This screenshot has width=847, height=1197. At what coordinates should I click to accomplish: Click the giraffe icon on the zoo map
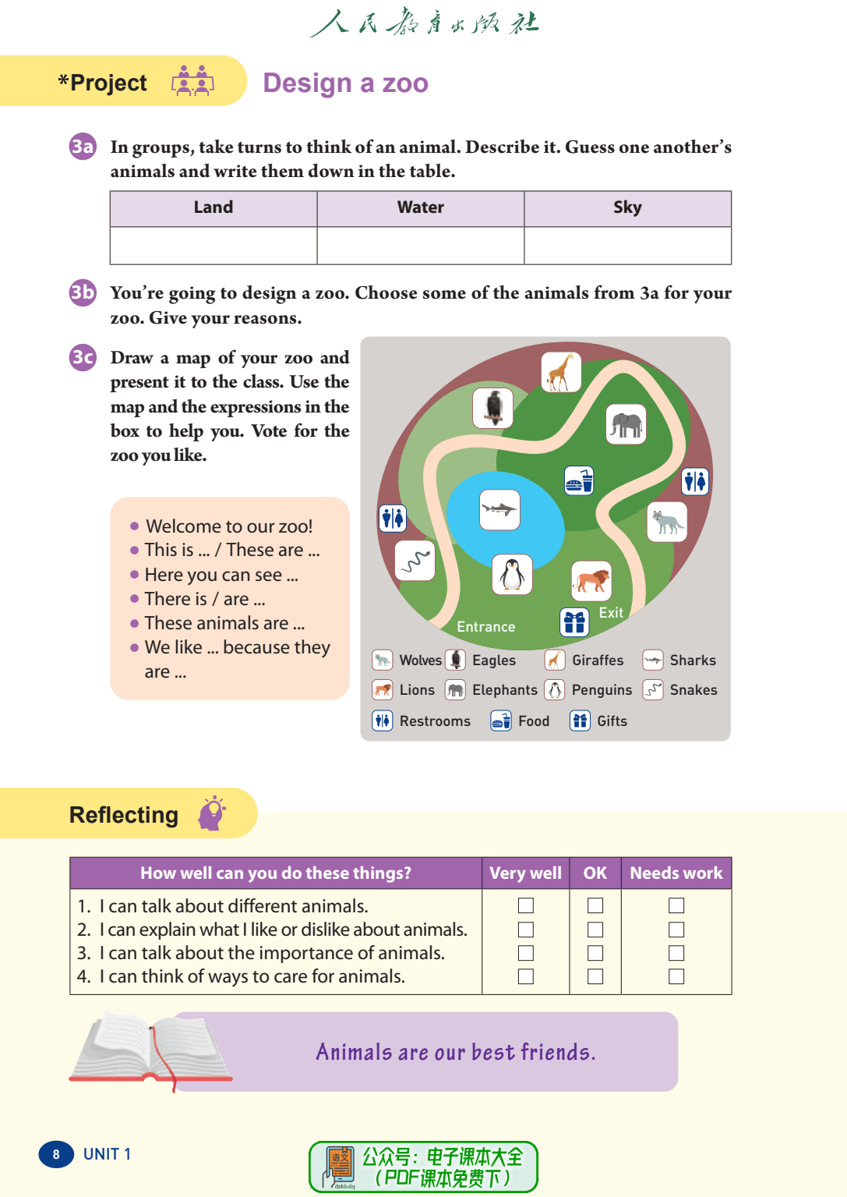click(561, 372)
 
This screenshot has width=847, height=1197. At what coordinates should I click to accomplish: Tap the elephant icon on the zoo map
click(626, 424)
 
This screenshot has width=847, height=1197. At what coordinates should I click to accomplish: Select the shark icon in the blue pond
click(499, 509)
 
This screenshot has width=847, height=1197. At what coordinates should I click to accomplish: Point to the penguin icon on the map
click(512, 575)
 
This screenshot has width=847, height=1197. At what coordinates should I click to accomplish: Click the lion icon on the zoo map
click(591, 581)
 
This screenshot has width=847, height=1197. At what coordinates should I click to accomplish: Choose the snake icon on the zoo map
click(415, 560)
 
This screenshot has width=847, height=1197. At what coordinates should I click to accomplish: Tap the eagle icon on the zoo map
click(493, 408)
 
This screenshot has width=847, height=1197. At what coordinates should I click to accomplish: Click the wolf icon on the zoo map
click(667, 522)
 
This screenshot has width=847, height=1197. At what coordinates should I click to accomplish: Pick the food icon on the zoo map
click(579, 480)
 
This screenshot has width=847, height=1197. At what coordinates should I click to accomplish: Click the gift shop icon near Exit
click(574, 622)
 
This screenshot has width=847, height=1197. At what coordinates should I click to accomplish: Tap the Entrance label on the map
click(485, 627)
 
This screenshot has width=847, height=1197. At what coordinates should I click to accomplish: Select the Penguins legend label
click(602, 690)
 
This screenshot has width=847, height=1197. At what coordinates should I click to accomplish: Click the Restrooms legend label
click(435, 721)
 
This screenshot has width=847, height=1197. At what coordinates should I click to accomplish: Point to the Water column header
click(421, 207)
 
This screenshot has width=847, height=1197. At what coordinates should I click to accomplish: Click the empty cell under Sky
click(627, 246)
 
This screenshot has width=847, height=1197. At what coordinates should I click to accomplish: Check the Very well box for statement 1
click(526, 905)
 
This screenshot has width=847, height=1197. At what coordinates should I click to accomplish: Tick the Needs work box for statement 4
click(676, 976)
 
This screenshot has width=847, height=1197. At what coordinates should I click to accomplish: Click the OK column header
click(595, 873)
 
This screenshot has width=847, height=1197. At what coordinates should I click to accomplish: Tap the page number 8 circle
click(56, 1154)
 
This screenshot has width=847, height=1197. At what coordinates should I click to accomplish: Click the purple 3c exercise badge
click(83, 357)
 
